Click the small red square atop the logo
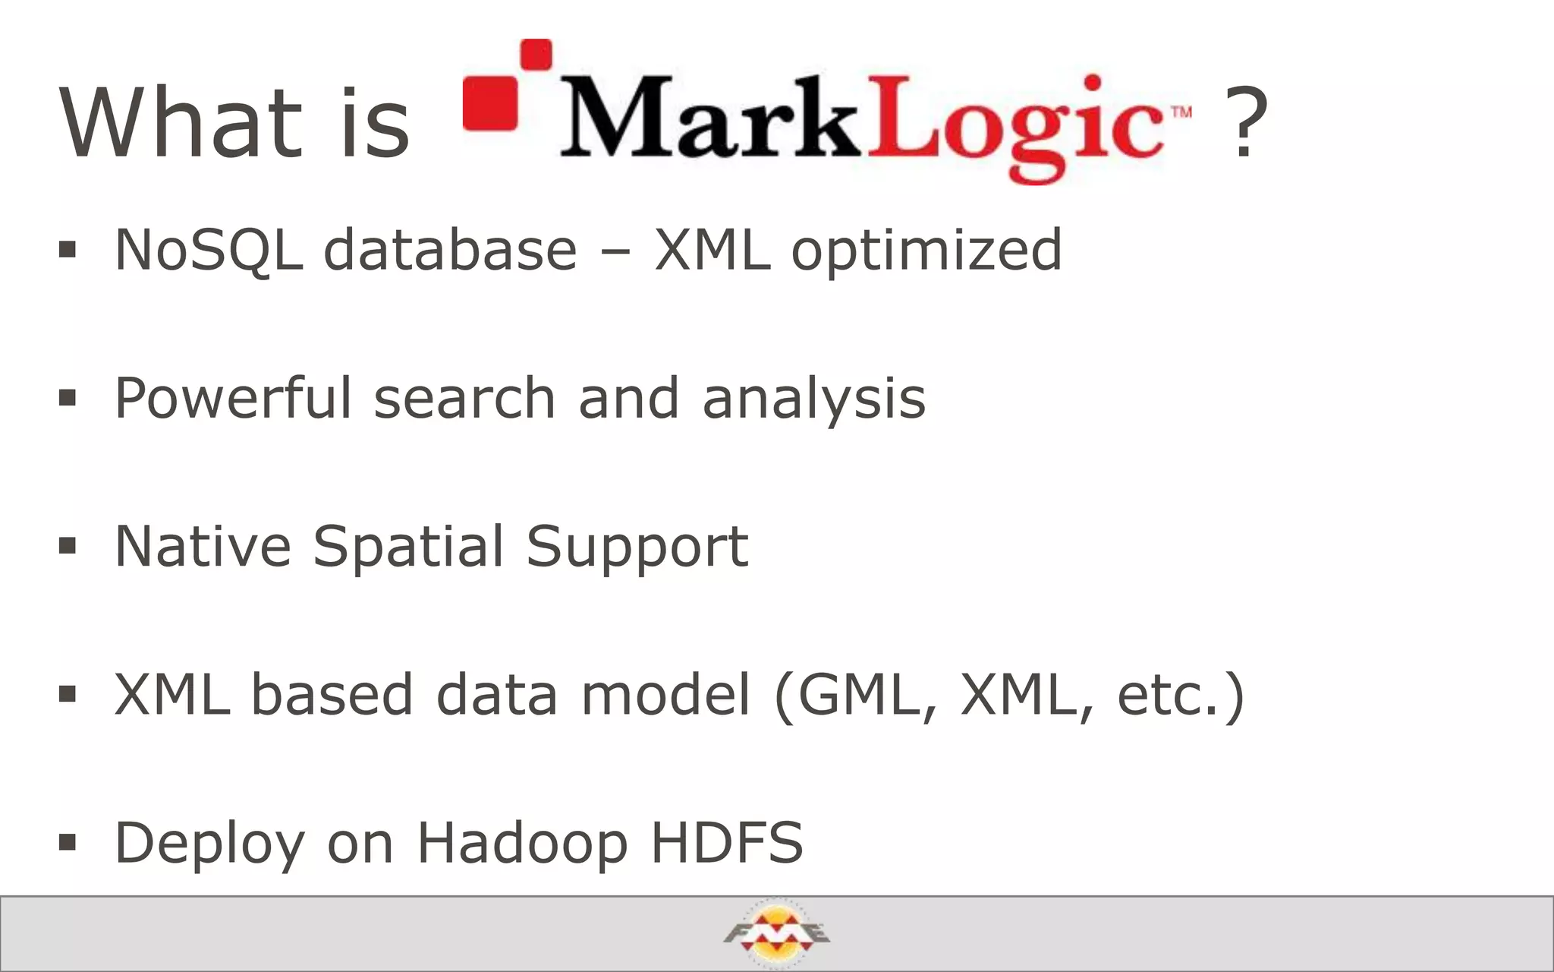point(536,55)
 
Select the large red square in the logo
point(490,103)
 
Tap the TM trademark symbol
point(1181,112)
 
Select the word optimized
point(926,251)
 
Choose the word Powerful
point(233,398)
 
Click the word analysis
point(814,399)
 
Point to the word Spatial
point(407,546)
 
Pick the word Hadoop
point(523,843)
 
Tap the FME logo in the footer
point(776,933)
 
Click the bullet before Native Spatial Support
point(68,545)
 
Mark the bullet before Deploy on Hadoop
point(68,841)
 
